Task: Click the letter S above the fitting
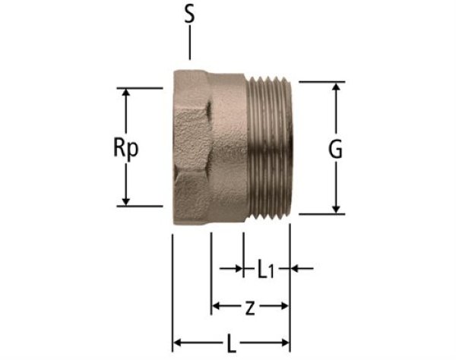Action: tap(190, 14)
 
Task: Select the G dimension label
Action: tap(336, 150)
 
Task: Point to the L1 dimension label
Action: tap(266, 269)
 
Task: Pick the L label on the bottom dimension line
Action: tap(231, 343)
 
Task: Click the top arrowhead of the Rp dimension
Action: tap(127, 93)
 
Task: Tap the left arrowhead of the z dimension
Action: tap(217, 307)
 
